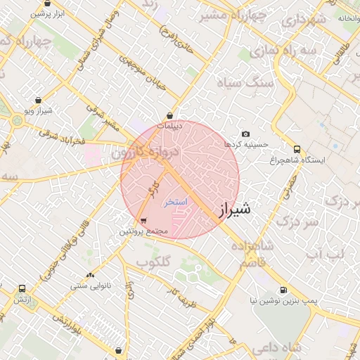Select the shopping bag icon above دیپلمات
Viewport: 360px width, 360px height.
[x=169, y=115]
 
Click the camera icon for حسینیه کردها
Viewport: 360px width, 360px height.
[x=245, y=134]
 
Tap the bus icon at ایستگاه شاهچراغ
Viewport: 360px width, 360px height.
[x=297, y=149]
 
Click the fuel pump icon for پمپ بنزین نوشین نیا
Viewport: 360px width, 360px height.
[x=283, y=289]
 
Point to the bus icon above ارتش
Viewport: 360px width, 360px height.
[x=22, y=288]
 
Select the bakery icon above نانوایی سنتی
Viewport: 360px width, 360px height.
[x=89, y=276]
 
